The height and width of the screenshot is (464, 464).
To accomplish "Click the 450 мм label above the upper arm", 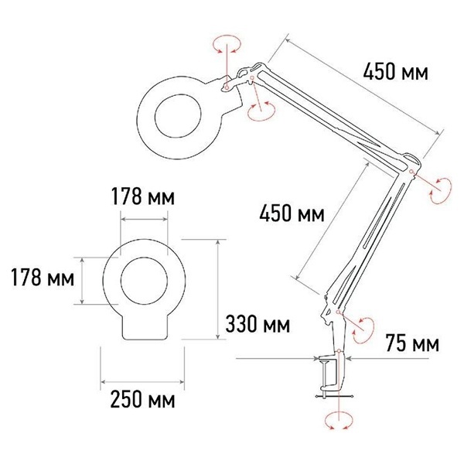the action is tap(395, 72).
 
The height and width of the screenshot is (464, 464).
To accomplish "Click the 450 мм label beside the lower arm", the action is tap(292, 213).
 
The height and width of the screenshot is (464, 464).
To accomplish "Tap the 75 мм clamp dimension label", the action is tap(412, 343).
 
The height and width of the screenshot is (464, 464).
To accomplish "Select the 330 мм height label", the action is tap(258, 324).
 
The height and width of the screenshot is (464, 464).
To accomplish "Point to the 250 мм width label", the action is tap(142, 399).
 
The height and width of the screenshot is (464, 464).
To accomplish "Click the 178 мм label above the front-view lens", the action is tap(143, 196).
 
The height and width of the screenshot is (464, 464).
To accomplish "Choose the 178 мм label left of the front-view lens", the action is tap(43, 278).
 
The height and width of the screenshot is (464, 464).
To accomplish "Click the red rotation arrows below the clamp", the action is tap(339, 421).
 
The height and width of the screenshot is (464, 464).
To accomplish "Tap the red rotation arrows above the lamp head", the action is tap(227, 44).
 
